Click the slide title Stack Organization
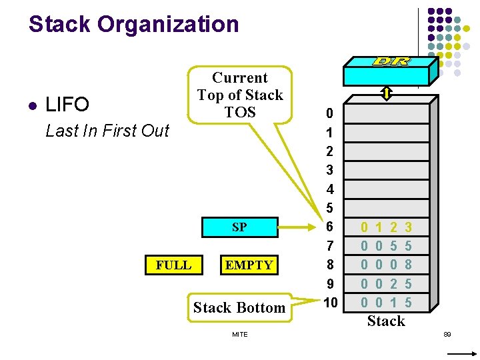pyautogui.click(x=133, y=25)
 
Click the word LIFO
pyautogui.click(x=67, y=105)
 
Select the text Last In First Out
pyautogui.click(x=107, y=131)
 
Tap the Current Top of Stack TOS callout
pyautogui.click(x=240, y=95)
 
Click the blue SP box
pyautogui.click(x=239, y=227)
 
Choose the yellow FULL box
pyautogui.click(x=173, y=265)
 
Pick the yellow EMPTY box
pyautogui.click(x=249, y=265)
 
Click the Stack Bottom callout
pyautogui.click(x=239, y=307)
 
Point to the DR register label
pyautogui.click(x=391, y=61)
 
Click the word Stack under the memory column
pyautogui.click(x=386, y=321)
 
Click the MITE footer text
pyautogui.click(x=240, y=334)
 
